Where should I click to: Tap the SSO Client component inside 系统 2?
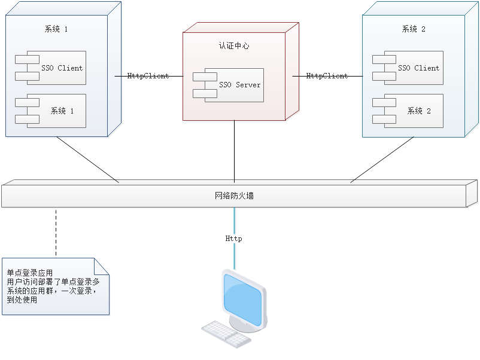pyautogui.click(x=413, y=68)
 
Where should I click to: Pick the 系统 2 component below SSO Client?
pyautogui.click(x=413, y=111)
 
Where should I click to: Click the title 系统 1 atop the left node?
pyautogui.click(x=56, y=29)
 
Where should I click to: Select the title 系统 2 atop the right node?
pyautogui.click(x=414, y=29)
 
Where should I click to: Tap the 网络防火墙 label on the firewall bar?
pyautogui.click(x=234, y=195)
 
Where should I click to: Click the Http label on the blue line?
pyautogui.click(x=233, y=239)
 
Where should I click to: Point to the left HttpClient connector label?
pyautogui.click(x=148, y=76)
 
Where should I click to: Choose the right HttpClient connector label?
pyautogui.click(x=327, y=76)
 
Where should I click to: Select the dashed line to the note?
pyautogui.click(x=57, y=233)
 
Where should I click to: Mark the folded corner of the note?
pyautogui.click(x=103, y=266)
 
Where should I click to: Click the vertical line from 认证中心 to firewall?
pyautogui.click(x=235, y=150)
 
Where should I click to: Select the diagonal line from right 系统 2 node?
pyautogui.click(x=382, y=160)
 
